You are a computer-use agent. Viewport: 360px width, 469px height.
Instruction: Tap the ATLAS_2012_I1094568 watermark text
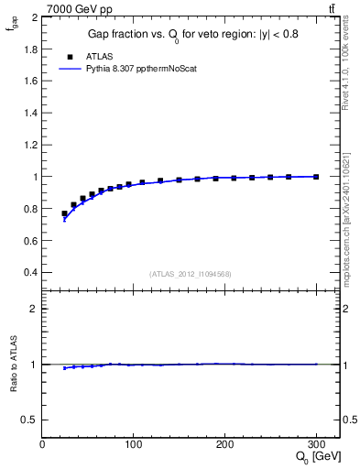click(191, 273)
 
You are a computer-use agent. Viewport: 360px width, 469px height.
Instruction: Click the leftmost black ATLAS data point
click(64, 213)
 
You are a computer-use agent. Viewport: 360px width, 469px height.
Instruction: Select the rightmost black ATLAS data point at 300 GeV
click(316, 177)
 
